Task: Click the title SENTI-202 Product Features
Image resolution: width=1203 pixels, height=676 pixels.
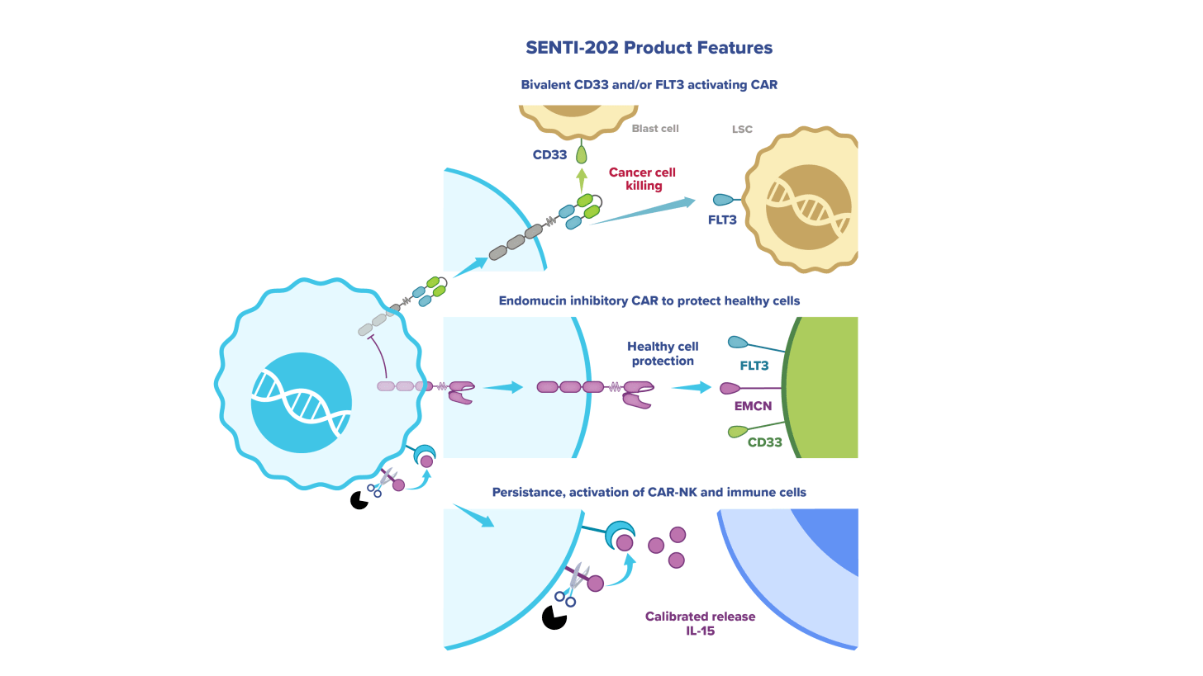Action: (649, 48)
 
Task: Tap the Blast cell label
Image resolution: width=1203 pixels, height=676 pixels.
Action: (655, 129)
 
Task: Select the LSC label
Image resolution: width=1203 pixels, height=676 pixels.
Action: (742, 130)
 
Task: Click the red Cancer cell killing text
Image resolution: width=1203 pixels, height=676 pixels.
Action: (642, 179)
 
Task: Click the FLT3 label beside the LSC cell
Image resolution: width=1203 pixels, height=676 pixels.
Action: (721, 220)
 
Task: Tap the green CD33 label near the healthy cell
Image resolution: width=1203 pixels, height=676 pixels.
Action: (764, 442)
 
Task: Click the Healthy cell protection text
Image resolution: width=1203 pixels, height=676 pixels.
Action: (663, 353)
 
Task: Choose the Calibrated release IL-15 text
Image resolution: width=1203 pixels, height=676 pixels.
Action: (700, 623)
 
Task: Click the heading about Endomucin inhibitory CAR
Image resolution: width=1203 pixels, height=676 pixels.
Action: (649, 301)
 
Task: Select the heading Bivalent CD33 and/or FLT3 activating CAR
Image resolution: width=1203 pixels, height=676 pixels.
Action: (649, 85)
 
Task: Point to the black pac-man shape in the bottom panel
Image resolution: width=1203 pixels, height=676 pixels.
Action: (554, 617)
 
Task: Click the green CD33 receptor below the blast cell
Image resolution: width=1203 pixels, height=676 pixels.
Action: (582, 152)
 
